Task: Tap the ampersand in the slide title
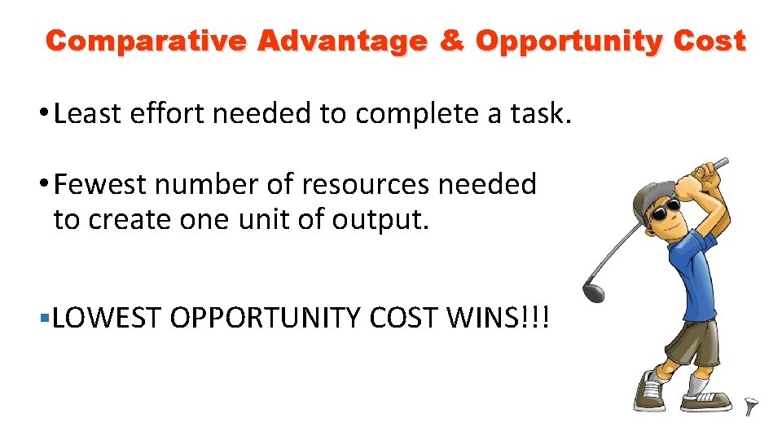[x=450, y=41]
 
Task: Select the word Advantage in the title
[x=342, y=41]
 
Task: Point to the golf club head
[x=593, y=289]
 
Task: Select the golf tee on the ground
[x=750, y=406]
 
